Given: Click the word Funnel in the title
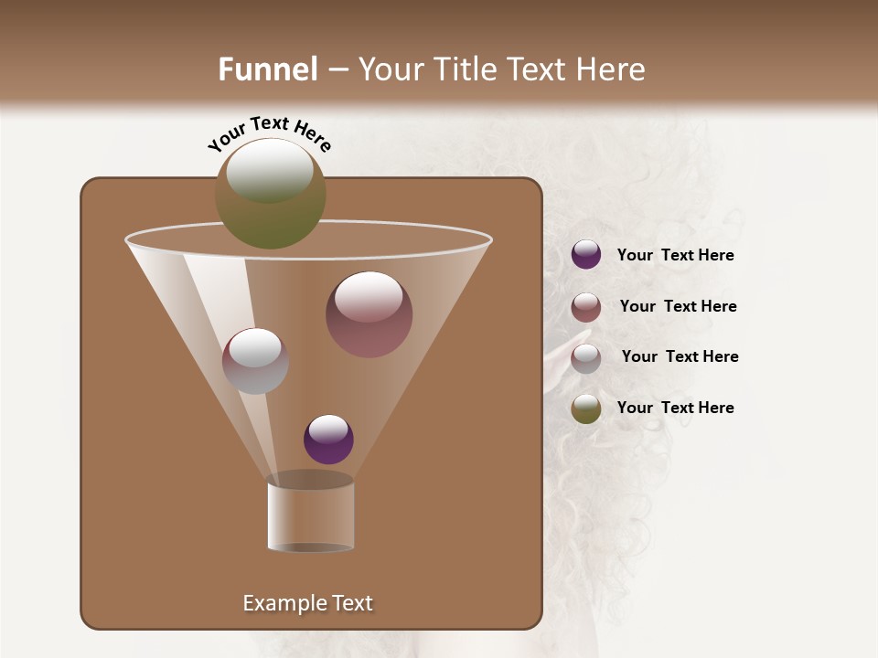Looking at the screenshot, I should (x=268, y=69).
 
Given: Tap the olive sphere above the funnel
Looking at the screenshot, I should (x=271, y=193).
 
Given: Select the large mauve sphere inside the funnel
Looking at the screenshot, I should (x=369, y=314).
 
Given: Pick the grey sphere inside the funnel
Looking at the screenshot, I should (x=255, y=361).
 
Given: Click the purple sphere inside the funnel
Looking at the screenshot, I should (x=328, y=439).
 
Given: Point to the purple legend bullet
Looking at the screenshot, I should (x=586, y=255).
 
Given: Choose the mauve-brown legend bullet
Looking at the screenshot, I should (x=586, y=307).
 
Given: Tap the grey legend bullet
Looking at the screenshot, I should (x=586, y=358).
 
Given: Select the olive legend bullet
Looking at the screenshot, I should (x=586, y=409).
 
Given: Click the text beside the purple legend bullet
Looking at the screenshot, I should (x=675, y=256).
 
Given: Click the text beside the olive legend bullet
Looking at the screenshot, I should (x=675, y=408).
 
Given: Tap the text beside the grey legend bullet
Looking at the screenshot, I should (x=680, y=356).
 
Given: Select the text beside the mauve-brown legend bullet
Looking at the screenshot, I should (x=678, y=306).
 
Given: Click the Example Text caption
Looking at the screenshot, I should (x=307, y=603).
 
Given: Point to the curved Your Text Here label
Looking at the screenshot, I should (x=269, y=133).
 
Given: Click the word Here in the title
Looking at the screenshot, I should (x=611, y=69).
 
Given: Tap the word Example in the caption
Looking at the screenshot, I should (x=284, y=603).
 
